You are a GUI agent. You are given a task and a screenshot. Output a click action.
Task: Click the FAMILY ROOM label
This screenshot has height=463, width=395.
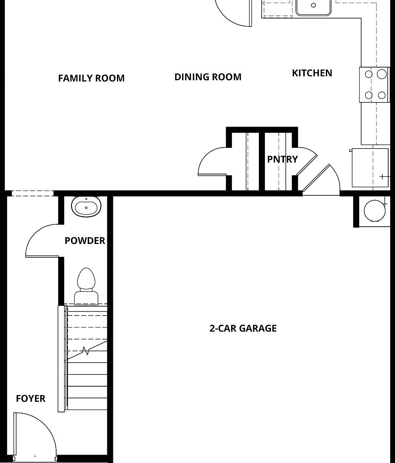(91, 78)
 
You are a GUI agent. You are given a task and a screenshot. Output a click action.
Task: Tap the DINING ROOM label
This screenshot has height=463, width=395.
(208, 77)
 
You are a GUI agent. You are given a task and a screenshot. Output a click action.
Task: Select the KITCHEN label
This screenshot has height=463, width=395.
(312, 73)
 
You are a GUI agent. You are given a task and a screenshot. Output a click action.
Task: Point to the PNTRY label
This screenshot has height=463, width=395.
(282, 159)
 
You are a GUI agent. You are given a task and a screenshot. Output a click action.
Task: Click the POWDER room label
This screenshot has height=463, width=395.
(85, 241)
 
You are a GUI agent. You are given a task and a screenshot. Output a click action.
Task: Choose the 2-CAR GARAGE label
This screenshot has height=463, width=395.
(243, 328)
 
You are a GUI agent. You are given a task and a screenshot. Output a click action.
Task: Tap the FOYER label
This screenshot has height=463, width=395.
(31, 399)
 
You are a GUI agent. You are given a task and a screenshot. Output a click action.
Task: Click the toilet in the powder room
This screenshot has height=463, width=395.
(86, 286)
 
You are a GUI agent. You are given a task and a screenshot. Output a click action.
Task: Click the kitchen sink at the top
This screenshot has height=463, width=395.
(314, 6)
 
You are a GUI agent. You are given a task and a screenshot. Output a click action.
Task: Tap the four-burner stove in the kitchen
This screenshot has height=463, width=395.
(375, 85)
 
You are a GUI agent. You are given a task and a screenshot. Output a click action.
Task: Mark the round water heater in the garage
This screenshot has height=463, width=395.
(375, 211)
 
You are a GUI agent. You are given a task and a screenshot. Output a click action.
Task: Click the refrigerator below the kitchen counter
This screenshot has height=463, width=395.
(370, 168)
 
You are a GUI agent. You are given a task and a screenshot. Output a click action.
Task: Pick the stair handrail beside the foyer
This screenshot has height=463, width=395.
(61, 359)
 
